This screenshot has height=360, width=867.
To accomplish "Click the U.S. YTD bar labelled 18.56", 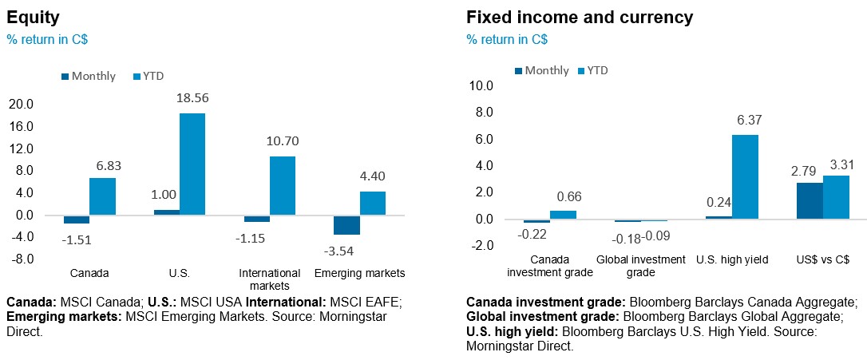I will pyautogui.click(x=192, y=164).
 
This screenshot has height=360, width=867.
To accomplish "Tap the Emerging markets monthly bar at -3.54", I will pyautogui.click(x=346, y=224).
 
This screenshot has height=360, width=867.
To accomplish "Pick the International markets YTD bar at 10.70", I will pyautogui.click(x=283, y=185).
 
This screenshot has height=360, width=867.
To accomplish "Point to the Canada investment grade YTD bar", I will pyautogui.click(x=563, y=215).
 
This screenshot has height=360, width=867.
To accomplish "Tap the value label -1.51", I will pyautogui.click(x=77, y=237).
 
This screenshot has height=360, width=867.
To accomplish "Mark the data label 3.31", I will pyautogui.click(x=836, y=163).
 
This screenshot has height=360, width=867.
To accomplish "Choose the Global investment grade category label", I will pyautogui.click(x=641, y=266).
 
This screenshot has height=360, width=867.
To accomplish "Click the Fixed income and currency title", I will pyautogui.click(x=580, y=17).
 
